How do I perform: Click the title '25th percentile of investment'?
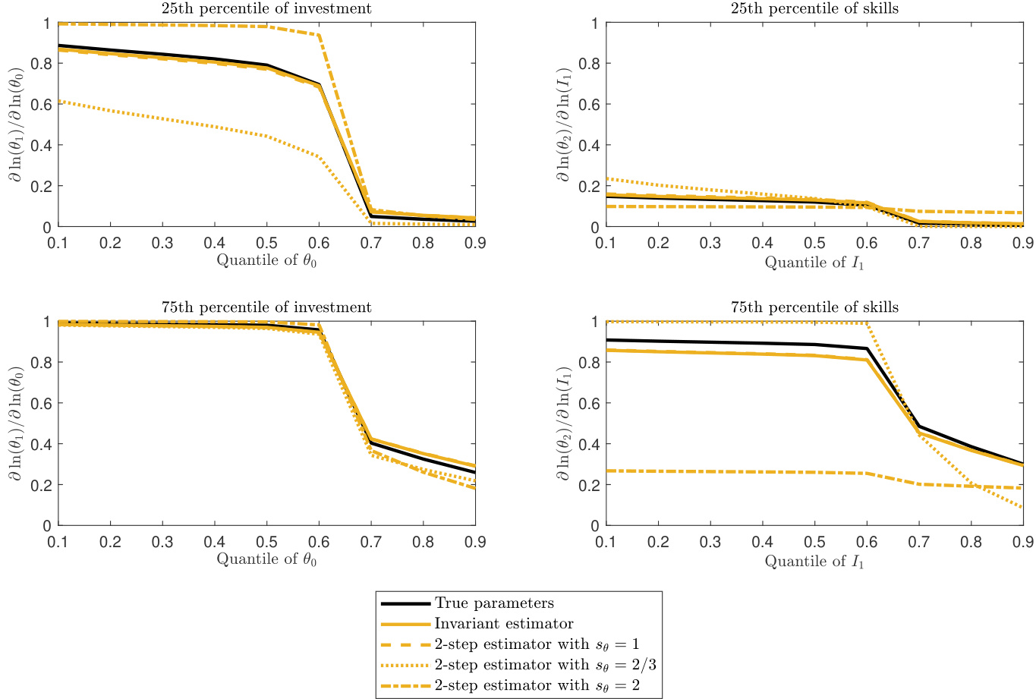click(266, 9)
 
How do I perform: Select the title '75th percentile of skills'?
click(814, 307)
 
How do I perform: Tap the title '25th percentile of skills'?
click(814, 9)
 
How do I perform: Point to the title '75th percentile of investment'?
click(266, 307)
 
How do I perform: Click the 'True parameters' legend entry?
click(494, 604)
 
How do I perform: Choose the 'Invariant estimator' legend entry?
click(504, 625)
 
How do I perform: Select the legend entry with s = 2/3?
click(537, 666)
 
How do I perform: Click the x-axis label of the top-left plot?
click(266, 261)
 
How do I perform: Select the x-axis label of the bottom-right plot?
click(814, 561)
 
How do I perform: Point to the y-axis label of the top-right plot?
click(564, 124)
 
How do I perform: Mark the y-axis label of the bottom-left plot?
click(16, 423)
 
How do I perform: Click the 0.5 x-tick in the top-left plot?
click(266, 243)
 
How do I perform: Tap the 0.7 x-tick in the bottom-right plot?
click(919, 542)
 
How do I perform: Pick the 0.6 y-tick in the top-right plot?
click(589, 105)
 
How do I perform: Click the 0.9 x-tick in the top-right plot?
click(1023, 243)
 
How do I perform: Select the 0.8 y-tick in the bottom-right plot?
click(589, 363)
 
